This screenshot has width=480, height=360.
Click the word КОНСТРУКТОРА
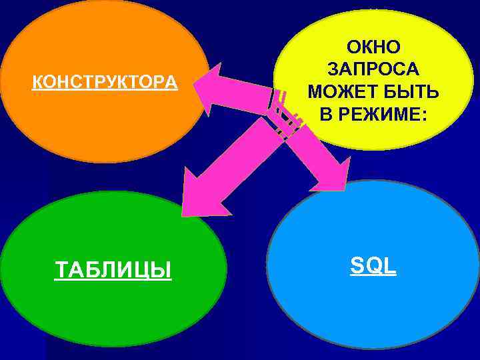tap(105, 83)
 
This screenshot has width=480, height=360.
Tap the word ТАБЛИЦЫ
tap(113, 270)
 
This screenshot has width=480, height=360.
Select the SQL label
tap(373, 266)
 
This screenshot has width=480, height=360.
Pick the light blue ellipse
tap(373, 307)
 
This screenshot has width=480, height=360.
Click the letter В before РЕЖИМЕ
tap(326, 113)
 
